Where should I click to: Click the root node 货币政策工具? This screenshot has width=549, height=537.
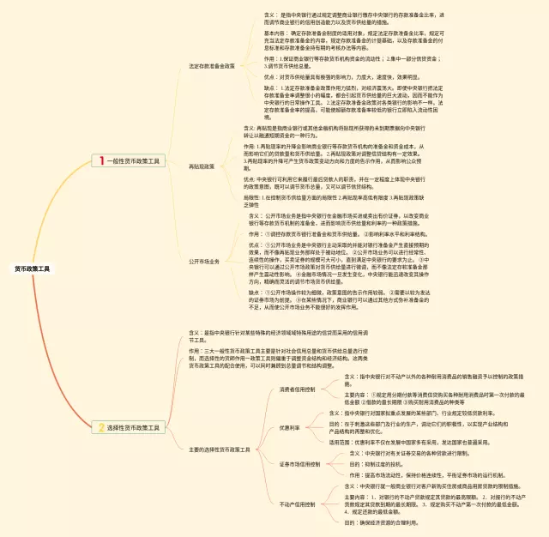pos(32,268)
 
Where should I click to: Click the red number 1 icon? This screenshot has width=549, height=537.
pos(100,160)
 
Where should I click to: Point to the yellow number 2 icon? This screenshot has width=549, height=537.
pos(100,426)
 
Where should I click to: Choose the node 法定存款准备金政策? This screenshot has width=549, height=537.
pos(211,65)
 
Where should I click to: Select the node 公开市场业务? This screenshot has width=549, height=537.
pos(203,261)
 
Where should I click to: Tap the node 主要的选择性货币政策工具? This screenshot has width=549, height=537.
pos(220,449)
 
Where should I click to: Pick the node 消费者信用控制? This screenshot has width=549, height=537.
pos(298,389)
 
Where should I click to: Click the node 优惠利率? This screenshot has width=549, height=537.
pos(289,427)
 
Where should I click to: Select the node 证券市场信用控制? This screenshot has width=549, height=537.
pos(299,464)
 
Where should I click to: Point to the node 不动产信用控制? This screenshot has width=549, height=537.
pos(298,504)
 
